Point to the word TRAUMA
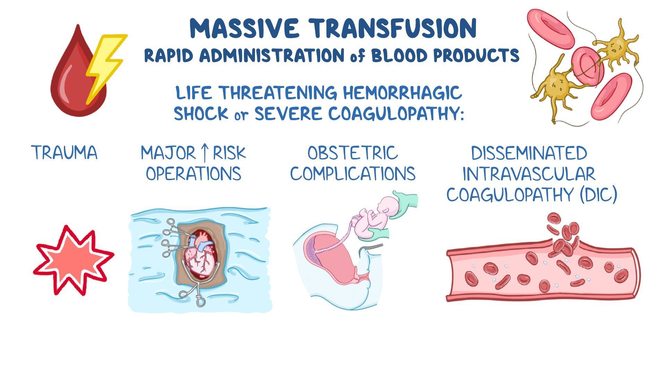64,153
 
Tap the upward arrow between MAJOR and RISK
204,153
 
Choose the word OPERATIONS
193,174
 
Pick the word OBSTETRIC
352,153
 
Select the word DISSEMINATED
529,153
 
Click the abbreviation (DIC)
598,194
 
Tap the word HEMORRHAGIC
402,93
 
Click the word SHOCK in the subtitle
201,114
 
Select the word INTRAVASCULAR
529,174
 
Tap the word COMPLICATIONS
353,174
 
